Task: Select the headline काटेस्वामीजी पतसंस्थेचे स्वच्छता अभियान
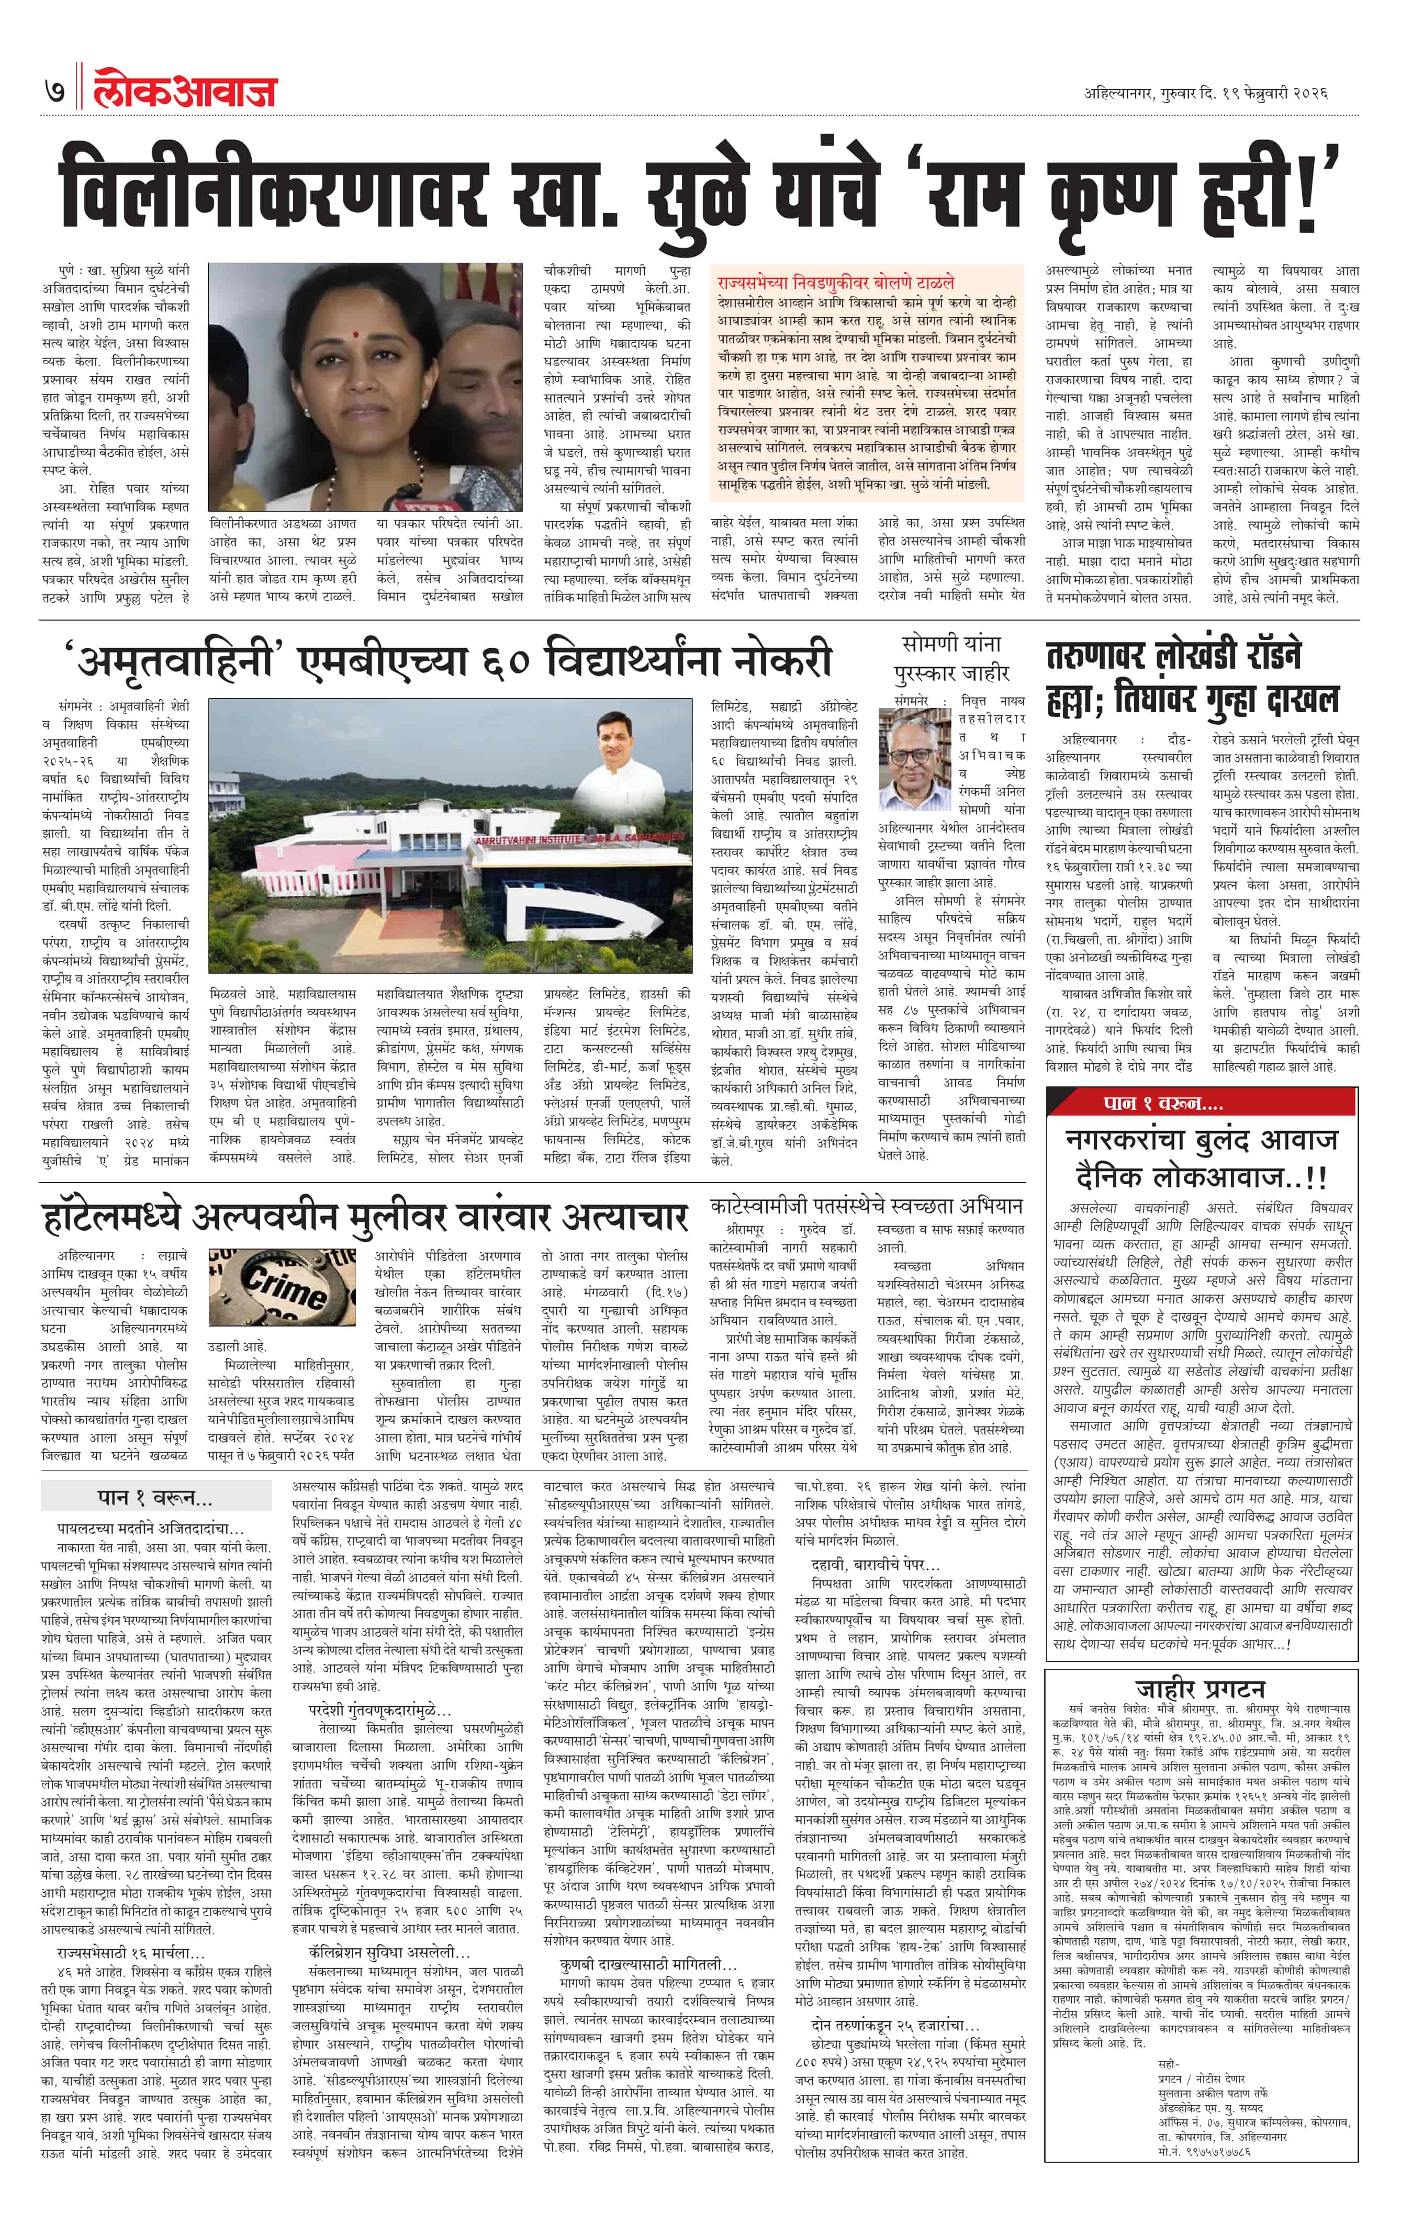coord(866,1205)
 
